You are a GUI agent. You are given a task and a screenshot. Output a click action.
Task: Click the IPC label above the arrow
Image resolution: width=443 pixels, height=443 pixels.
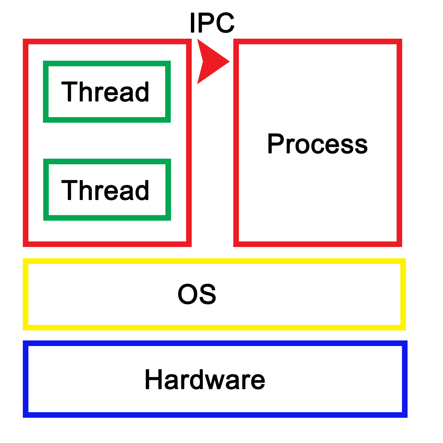[212, 23]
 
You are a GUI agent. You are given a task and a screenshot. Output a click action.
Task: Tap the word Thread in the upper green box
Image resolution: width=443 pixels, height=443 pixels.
[105, 92]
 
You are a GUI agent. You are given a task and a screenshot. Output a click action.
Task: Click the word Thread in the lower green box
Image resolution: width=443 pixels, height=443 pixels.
[105, 190]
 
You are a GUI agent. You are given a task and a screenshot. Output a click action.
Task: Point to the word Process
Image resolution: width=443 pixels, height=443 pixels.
[317, 144]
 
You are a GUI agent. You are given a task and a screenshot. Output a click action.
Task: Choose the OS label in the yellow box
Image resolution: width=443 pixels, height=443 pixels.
[197, 294]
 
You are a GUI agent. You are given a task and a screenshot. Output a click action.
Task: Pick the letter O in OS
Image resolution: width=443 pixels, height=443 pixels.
[187, 294]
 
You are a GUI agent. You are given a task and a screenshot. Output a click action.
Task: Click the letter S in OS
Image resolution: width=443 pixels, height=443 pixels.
[208, 294]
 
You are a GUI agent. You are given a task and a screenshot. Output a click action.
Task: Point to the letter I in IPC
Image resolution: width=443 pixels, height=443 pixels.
[192, 23]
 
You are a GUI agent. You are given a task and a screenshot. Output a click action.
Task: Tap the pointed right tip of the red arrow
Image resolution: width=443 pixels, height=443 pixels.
[229, 61]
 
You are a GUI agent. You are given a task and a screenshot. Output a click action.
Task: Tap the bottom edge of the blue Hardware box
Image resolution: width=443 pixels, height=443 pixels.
[215, 415]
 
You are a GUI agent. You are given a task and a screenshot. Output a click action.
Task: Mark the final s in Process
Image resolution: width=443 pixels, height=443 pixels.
[361, 146]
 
